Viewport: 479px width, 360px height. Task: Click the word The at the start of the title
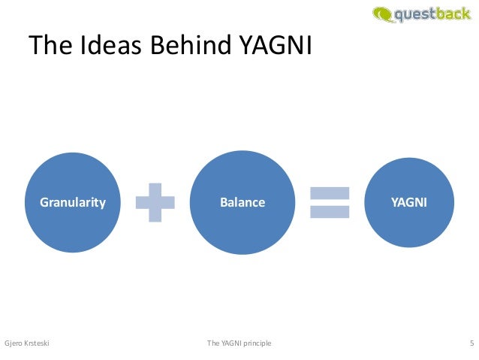51,47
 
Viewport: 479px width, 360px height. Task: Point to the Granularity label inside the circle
73,202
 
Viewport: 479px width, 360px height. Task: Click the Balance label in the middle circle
243,202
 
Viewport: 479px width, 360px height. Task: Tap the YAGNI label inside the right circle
409,202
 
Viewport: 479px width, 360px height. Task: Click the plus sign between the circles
155,202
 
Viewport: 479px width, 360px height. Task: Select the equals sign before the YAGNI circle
330,202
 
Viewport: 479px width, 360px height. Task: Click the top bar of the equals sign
330,192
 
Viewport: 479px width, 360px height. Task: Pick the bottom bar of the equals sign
330,212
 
